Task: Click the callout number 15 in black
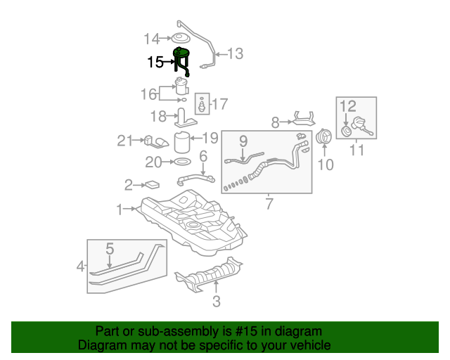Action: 155,62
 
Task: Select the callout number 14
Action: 152,38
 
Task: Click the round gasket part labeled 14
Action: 181,38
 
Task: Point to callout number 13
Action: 234,53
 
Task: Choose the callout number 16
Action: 148,94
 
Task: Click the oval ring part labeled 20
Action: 182,162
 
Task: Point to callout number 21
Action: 125,141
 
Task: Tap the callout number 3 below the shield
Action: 217,302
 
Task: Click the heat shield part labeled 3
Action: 211,276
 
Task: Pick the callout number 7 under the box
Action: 269,205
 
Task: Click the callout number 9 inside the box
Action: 243,141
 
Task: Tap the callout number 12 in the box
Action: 349,107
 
